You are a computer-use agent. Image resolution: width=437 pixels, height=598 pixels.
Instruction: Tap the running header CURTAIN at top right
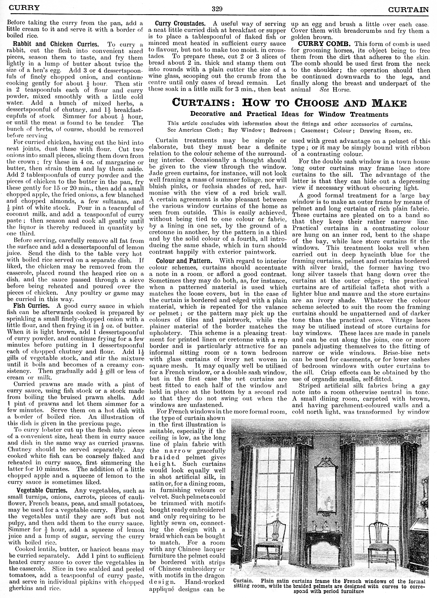[x=408, y=10]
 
